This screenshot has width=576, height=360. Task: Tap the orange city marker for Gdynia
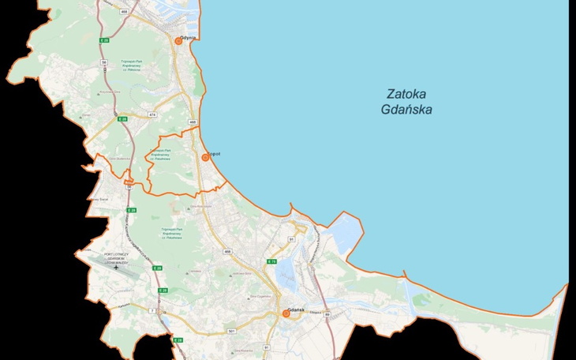[179, 41]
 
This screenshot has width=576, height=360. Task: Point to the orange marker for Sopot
[205, 158]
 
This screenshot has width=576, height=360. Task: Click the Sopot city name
[214, 153]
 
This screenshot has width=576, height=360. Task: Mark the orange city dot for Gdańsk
[286, 313]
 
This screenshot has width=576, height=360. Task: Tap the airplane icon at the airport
[117, 268]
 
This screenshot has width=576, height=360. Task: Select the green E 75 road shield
[271, 261]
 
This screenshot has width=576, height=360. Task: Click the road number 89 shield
[327, 313]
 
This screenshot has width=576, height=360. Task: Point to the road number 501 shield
[231, 330]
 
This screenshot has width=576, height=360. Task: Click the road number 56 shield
[103, 62]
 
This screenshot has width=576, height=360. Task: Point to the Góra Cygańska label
[260, 296]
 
